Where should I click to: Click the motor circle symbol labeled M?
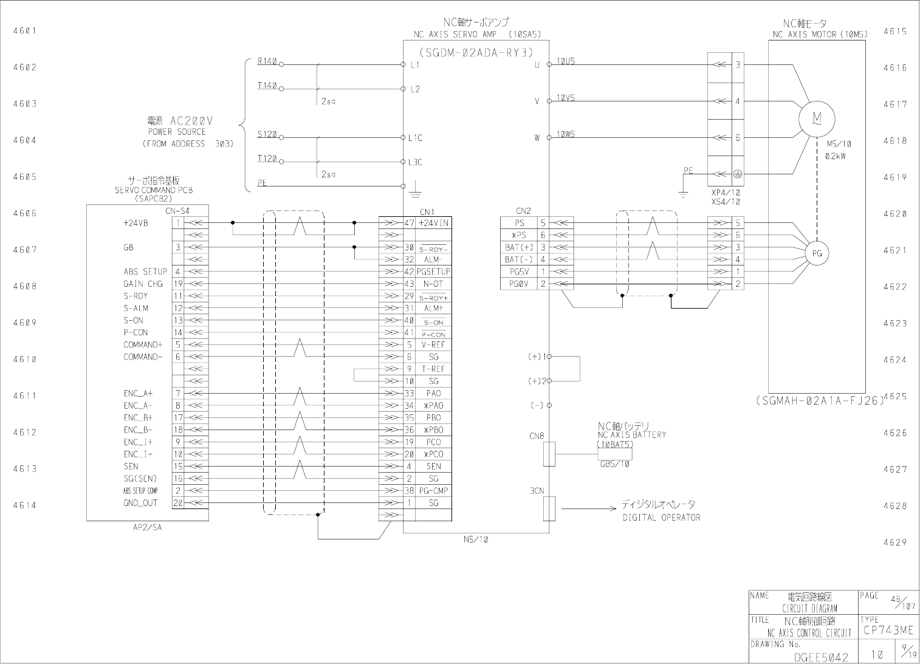[817, 118]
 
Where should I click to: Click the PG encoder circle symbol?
[817, 253]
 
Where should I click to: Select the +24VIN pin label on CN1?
[433, 223]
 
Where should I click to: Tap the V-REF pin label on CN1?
[433, 344]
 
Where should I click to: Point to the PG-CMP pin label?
[433, 490]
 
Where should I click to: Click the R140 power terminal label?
[267, 61]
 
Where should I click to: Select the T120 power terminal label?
[267, 159]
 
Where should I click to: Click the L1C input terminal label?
[415, 138]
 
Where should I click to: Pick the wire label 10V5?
[565, 98]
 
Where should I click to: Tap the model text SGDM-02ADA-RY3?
[476, 52]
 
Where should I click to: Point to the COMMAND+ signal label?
[143, 344]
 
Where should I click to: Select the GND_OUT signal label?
[140, 502]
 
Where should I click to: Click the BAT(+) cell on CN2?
[518, 247]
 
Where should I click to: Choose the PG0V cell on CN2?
[518, 284]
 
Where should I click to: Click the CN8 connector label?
[537, 436]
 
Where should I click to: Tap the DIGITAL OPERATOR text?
[661, 518]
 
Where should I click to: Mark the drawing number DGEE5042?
[821, 657]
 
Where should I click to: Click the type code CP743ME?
[888, 631]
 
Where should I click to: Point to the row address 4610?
[24, 359]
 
